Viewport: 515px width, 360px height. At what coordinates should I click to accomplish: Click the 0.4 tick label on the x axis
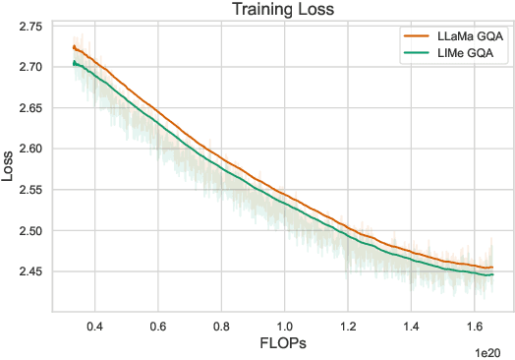(94, 325)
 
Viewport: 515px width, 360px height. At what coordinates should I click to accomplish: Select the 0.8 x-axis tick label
(221, 325)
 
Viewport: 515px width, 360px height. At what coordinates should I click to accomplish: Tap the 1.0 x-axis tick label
(284, 325)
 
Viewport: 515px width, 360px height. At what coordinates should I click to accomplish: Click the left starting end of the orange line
(74, 46)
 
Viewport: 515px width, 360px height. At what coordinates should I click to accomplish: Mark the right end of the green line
(492, 274)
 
